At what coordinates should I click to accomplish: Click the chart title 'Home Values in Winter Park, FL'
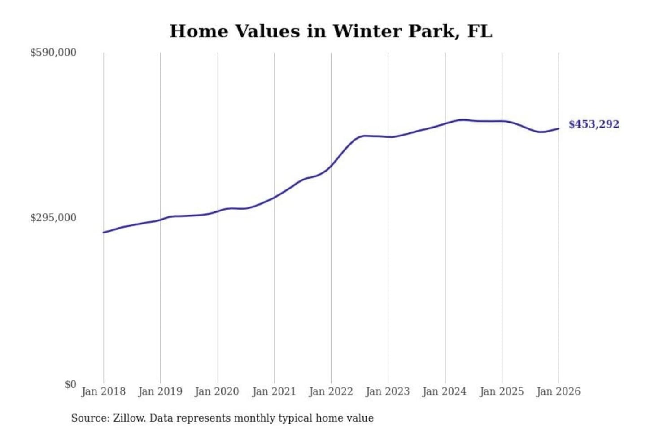click(331, 31)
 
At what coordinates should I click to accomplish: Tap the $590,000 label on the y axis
click(53, 53)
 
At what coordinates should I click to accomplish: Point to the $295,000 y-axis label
click(53, 218)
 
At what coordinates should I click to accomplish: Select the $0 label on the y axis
click(70, 384)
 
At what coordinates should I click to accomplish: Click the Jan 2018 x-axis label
click(103, 391)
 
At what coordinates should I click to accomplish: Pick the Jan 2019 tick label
click(160, 391)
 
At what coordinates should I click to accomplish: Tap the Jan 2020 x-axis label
click(217, 391)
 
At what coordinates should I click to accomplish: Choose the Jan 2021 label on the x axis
click(274, 391)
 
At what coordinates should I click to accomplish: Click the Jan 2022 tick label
click(331, 391)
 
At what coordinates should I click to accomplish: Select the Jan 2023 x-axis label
click(388, 391)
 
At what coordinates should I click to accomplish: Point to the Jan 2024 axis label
click(445, 391)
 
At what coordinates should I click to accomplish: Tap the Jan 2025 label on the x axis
click(502, 391)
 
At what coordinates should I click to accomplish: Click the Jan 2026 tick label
click(559, 391)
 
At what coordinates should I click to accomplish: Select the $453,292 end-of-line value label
click(594, 124)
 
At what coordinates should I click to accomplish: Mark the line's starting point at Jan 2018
click(104, 233)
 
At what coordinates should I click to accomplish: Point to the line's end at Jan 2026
click(559, 129)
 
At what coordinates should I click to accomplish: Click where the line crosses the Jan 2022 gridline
click(332, 166)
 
